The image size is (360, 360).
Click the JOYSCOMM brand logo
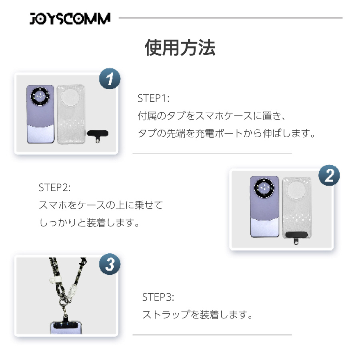click(70, 18)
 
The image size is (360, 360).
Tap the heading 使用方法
click(180, 48)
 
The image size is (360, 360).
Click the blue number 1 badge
click(110, 79)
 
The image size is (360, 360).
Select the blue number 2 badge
click(329, 176)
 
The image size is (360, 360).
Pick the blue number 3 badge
click(110, 264)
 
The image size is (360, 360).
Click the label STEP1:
click(153, 98)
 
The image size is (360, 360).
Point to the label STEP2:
click(54, 188)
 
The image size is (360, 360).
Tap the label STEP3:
click(158, 297)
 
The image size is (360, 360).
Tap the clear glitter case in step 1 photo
click(71, 114)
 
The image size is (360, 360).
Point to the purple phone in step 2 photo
click(264, 207)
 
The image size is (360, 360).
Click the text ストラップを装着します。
click(198, 314)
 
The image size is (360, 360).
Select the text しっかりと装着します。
click(90, 223)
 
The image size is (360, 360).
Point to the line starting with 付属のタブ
click(212, 116)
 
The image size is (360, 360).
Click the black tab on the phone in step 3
click(66, 325)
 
